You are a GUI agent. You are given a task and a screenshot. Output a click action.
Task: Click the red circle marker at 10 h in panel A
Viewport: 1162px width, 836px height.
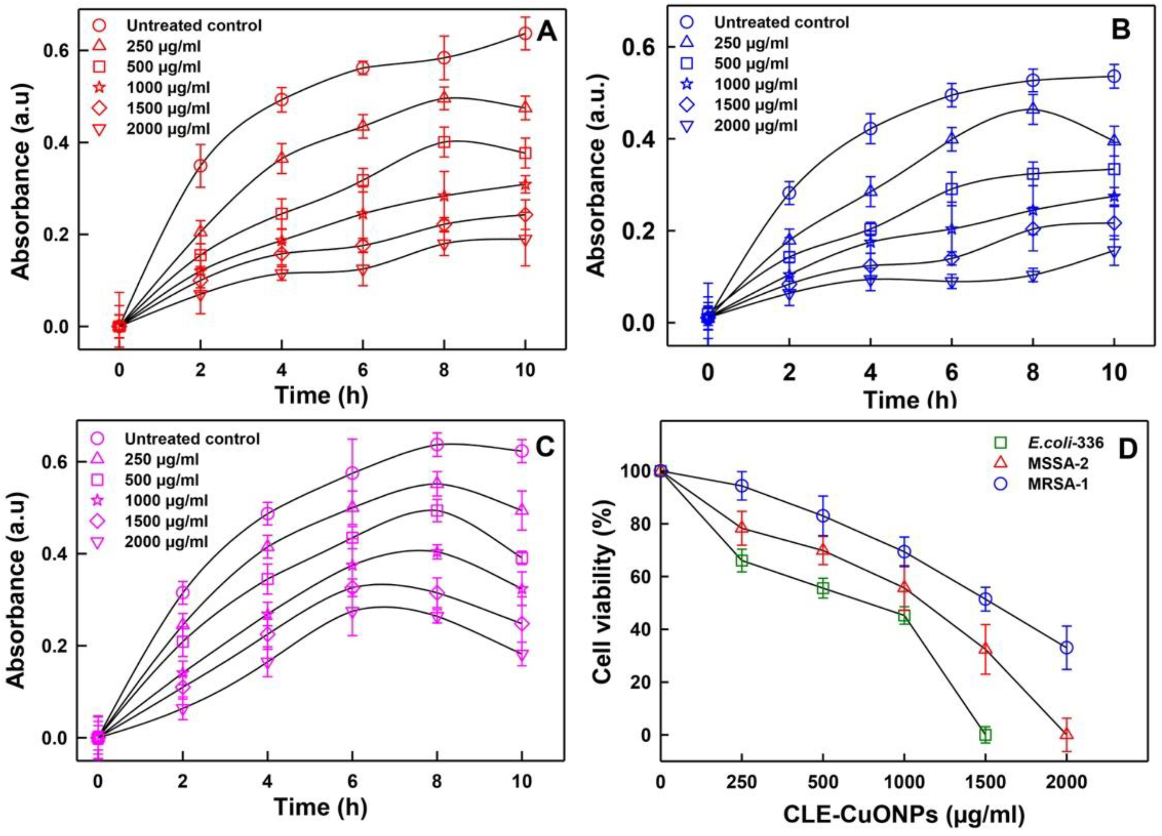pyautogui.click(x=525, y=34)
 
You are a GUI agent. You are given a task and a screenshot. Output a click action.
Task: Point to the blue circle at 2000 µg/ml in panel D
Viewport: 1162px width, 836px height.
pyautogui.click(x=1066, y=647)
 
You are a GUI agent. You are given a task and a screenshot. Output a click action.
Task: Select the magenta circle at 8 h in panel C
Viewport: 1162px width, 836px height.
pyautogui.click(x=437, y=445)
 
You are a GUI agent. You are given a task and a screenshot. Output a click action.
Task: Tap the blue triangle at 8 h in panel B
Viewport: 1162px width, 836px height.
pyautogui.click(x=1033, y=109)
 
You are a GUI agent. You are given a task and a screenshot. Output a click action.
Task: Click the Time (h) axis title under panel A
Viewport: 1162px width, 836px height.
pyautogui.click(x=321, y=395)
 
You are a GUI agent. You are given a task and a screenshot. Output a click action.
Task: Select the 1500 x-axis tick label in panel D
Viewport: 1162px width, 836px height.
pyautogui.click(x=985, y=782)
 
